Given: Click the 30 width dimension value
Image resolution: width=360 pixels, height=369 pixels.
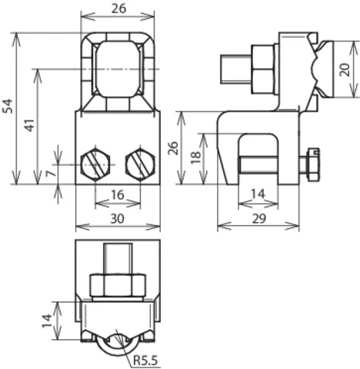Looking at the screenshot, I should click(118, 219).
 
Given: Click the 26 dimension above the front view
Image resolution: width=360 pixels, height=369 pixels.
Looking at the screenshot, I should click(118, 8).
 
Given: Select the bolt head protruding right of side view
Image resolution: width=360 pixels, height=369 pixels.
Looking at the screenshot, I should click(312, 165).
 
